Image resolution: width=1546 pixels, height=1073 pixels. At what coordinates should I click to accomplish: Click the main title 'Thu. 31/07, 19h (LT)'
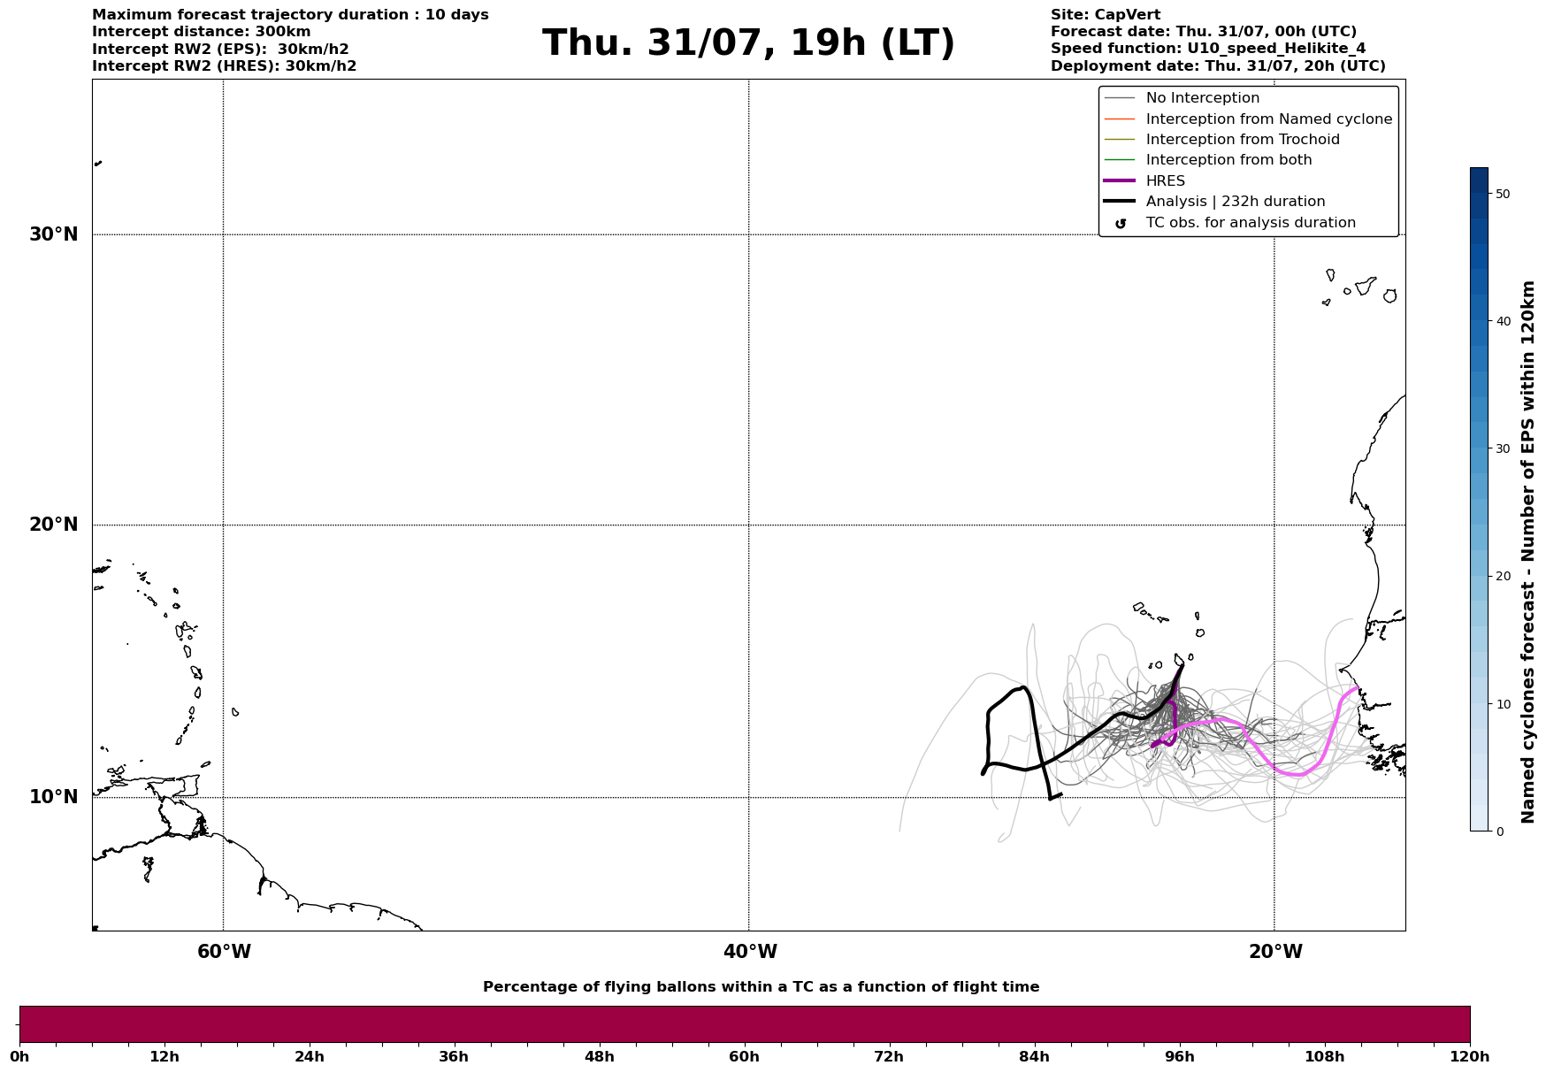coord(748,43)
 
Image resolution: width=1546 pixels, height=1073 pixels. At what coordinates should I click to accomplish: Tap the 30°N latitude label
coord(54,234)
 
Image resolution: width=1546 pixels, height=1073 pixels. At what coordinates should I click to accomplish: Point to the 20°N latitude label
coord(54,525)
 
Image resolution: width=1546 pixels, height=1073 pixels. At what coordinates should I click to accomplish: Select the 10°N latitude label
coord(54,797)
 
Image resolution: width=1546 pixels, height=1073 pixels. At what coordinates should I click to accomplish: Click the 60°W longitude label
coord(224,952)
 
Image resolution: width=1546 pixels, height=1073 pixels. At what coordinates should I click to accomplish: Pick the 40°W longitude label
coord(750,952)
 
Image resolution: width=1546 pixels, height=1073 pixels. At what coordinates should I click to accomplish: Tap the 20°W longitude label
coord(1275,952)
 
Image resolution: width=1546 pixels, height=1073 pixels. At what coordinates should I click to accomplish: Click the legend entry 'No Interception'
coord(1202,98)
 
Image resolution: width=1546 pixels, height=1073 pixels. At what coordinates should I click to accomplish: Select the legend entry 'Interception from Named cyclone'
coord(1268,119)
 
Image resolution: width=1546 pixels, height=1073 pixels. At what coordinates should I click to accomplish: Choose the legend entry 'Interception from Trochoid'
coord(1242,140)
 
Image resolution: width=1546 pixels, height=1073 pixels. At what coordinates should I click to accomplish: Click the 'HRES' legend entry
coord(1165,181)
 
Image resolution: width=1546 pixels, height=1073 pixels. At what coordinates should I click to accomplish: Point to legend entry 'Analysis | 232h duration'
coord(1235,202)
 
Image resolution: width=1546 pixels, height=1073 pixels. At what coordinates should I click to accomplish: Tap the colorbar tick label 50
coord(1503,194)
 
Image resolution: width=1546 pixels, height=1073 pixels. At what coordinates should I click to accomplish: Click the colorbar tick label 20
coord(1503,576)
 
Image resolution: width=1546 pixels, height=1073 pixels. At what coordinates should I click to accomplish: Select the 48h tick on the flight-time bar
coord(599,1056)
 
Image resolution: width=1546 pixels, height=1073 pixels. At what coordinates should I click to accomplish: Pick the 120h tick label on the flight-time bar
coord(1468,1056)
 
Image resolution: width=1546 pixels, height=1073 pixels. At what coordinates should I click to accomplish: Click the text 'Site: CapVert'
coord(1106,15)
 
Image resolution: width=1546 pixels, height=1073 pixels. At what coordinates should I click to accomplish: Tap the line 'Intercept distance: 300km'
coord(202,32)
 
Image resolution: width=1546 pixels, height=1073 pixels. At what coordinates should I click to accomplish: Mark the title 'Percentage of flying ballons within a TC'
coord(761,987)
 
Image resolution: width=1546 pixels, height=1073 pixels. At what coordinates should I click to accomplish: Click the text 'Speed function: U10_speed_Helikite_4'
coord(1208,49)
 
